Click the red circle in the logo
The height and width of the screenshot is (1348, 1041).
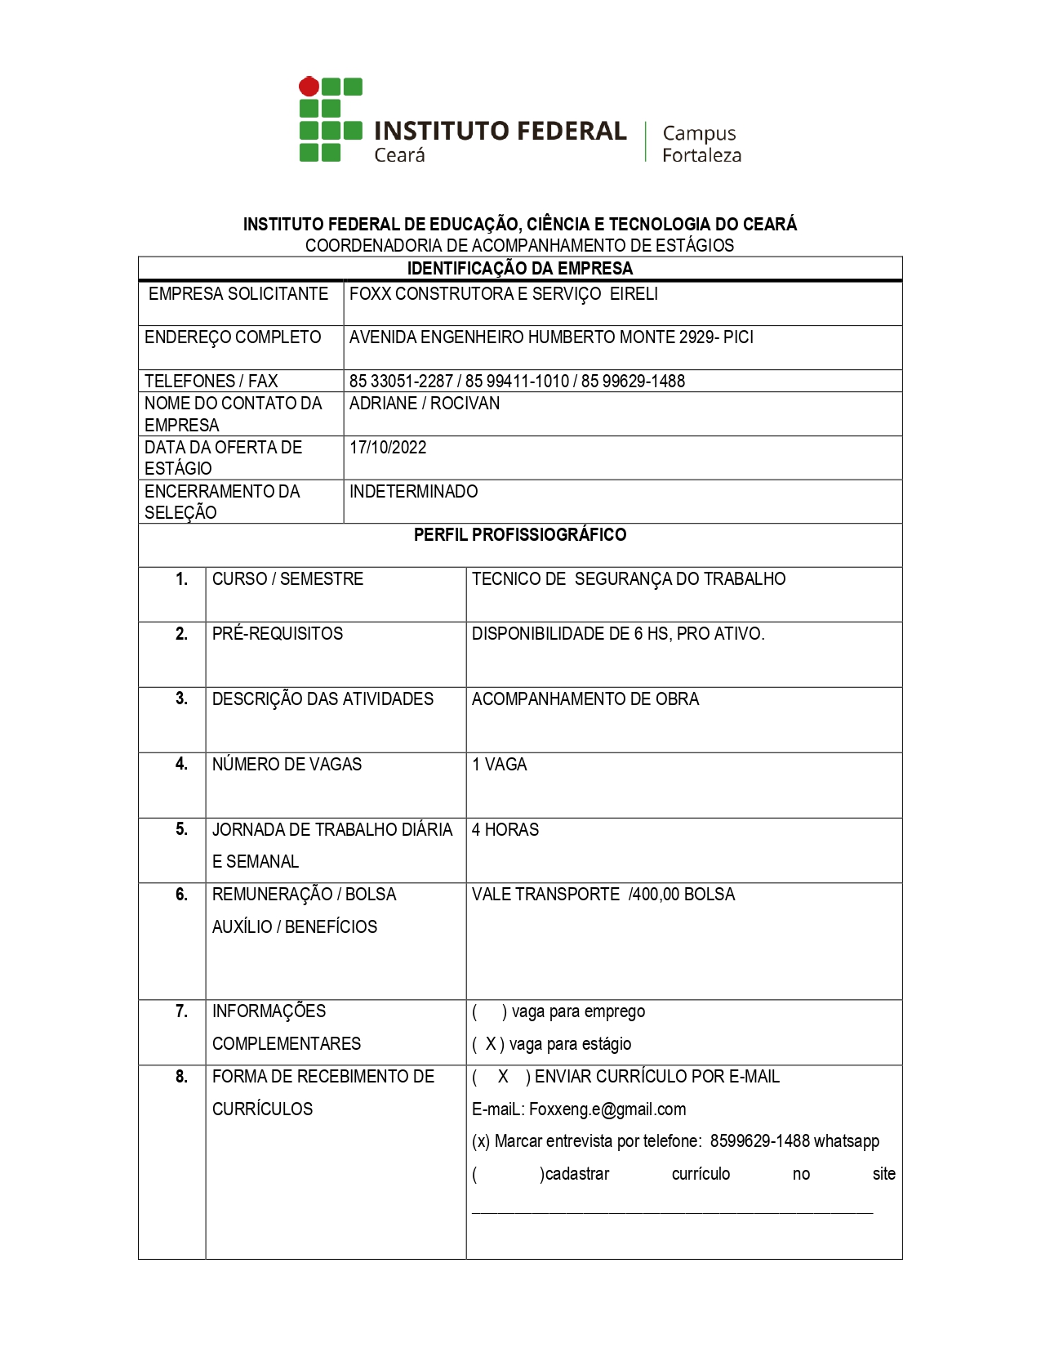(x=309, y=86)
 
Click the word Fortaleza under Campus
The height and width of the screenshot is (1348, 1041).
(x=701, y=155)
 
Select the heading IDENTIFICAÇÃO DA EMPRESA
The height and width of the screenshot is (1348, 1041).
(x=520, y=269)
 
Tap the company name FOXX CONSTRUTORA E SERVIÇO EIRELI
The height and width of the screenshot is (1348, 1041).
(x=503, y=294)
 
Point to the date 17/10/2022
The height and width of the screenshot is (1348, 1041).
(x=388, y=448)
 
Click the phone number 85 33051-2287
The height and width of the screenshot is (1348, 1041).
(x=401, y=382)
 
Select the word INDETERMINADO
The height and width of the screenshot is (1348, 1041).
(x=413, y=492)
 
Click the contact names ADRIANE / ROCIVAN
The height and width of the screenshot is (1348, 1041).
(x=425, y=404)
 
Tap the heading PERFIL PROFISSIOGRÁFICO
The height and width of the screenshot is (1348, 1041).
(x=520, y=535)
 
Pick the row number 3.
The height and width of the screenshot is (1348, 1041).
(x=181, y=699)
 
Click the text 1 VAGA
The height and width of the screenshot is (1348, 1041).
(x=500, y=765)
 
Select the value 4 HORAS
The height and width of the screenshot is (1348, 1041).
(x=505, y=830)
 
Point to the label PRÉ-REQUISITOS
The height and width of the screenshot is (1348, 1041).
(x=278, y=634)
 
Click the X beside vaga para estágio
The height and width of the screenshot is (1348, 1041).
(x=491, y=1044)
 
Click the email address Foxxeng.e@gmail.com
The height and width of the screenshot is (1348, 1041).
(x=607, y=1109)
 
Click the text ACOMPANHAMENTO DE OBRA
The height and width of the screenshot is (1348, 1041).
(x=585, y=699)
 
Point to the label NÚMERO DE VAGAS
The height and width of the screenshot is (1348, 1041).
(x=287, y=765)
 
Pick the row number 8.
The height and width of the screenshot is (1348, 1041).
(x=181, y=1077)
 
